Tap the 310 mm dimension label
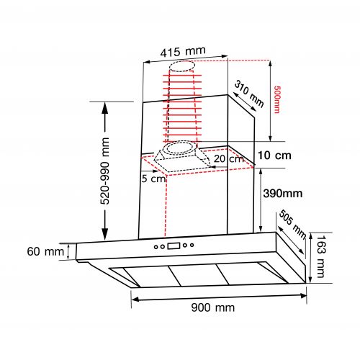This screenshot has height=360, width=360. point(249,94)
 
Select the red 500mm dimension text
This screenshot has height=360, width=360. point(276,99)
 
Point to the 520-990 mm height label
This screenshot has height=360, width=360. point(104,171)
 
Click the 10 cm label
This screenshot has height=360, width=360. point(274,156)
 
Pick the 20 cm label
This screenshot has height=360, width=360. point(228,158)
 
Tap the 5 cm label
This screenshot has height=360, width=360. point(153,179)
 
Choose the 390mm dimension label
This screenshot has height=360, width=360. point(283,194)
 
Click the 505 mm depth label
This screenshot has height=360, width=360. point(293,224)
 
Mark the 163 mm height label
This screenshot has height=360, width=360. point(320,256)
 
